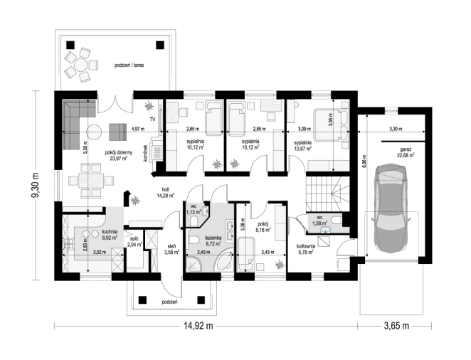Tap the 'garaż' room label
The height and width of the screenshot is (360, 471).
click(406, 149)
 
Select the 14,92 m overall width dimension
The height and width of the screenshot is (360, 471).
click(199, 326)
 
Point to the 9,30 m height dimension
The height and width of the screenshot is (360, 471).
click(36, 186)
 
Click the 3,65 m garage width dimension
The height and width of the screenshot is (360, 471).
click(396, 326)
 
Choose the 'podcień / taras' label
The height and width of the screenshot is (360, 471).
click(129, 65)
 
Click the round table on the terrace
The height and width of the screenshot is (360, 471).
click(81, 65)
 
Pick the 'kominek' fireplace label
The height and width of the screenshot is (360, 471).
click(145, 154)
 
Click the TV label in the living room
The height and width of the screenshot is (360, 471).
click(152, 120)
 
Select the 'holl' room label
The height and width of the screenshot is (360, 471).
click(165, 190)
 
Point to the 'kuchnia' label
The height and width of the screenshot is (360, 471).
click(110, 232)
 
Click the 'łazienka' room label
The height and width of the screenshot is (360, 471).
click(213, 238)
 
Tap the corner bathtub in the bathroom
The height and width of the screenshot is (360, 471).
click(224, 260)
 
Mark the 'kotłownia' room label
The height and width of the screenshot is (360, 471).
click(306, 246)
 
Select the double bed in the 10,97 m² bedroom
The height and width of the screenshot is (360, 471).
click(332, 125)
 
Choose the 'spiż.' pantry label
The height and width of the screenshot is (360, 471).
click(134, 239)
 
